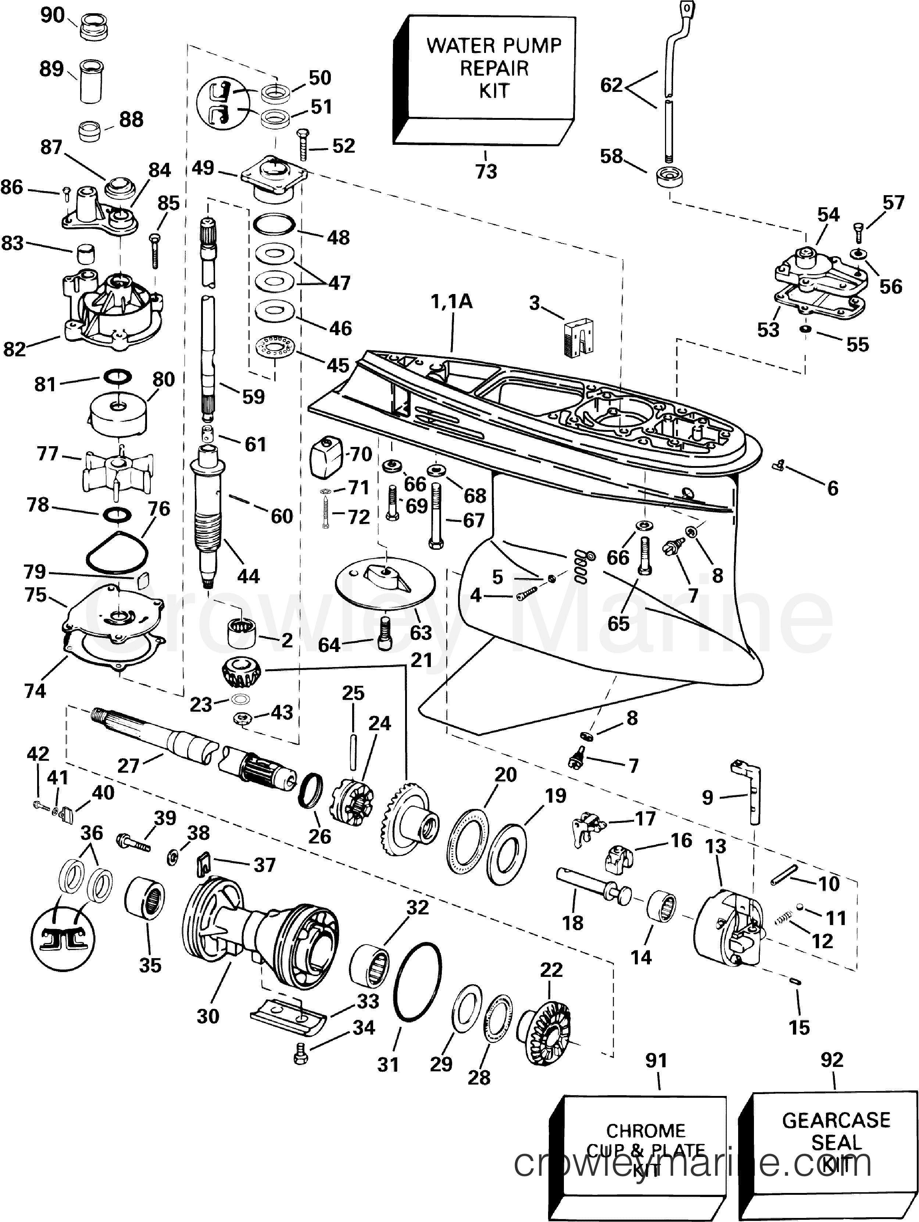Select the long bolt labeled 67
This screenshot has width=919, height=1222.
436,514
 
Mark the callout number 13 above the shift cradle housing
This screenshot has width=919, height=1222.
715,846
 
